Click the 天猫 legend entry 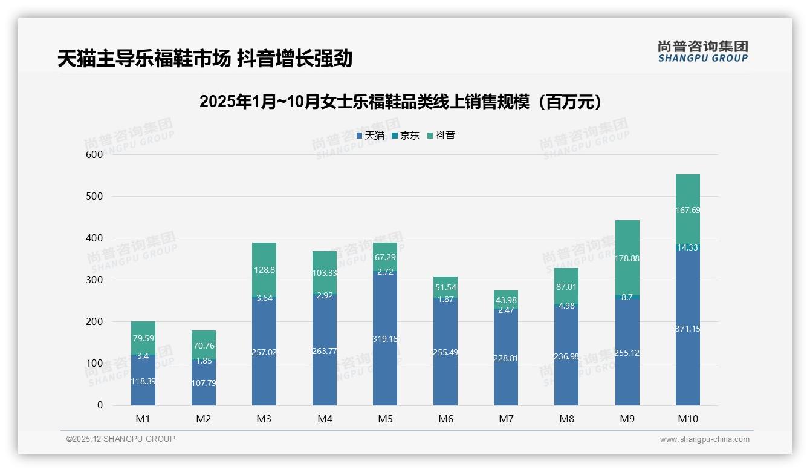click(x=371, y=136)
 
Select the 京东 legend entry click(x=406, y=136)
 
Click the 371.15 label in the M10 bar click(x=687, y=329)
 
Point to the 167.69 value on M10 click(x=687, y=210)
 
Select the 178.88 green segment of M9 click(x=627, y=258)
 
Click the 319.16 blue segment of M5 click(x=385, y=339)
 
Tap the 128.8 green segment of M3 click(x=264, y=270)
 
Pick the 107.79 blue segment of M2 click(x=204, y=383)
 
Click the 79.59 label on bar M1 click(x=143, y=338)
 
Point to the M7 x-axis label click(x=506, y=419)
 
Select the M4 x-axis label click(x=325, y=419)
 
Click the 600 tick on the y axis click(x=96, y=154)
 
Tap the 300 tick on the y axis click(x=96, y=280)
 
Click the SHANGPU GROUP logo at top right click(x=702, y=51)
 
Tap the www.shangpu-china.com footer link click(x=704, y=439)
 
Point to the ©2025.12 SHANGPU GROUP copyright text click(x=121, y=439)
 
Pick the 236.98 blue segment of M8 click(x=566, y=356)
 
